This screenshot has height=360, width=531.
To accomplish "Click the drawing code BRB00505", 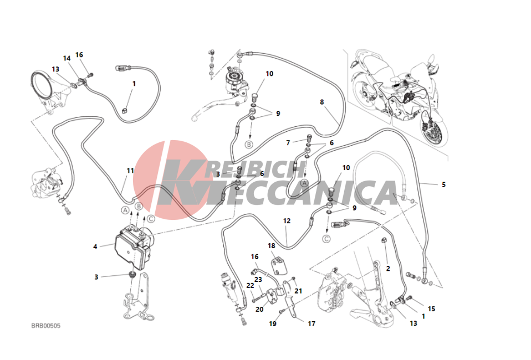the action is point(45,326).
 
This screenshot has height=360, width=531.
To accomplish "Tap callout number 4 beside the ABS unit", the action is point(95,247).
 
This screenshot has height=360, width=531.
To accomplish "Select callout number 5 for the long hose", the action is point(443,184).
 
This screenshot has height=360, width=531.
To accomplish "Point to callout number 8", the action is point(321,102).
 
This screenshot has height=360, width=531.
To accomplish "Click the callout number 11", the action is point(130,171).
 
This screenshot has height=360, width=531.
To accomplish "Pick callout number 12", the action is point(287,221).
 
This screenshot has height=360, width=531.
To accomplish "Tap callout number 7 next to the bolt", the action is point(288,143).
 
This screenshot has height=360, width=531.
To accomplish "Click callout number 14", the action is point(67,58).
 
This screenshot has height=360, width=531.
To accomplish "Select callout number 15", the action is point(431,309).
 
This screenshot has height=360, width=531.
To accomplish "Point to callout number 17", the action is point(312,324).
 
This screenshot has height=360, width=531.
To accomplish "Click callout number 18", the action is point(272,246).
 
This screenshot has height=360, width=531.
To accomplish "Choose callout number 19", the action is point(273,324).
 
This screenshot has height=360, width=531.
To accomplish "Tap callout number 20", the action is point(259,309).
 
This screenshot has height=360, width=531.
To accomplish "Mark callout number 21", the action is point(298,291).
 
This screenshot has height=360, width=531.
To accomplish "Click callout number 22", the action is point(251,286).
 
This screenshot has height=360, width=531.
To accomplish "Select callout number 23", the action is point(258,280).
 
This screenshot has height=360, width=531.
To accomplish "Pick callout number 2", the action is point(388,269).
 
